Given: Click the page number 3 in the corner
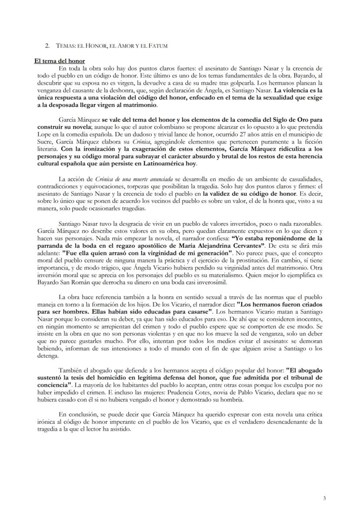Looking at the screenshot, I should click(324, 498).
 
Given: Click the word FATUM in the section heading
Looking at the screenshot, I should click(158, 46).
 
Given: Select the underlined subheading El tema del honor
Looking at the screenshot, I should click(60, 61).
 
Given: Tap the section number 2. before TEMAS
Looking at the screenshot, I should click(47, 46).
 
